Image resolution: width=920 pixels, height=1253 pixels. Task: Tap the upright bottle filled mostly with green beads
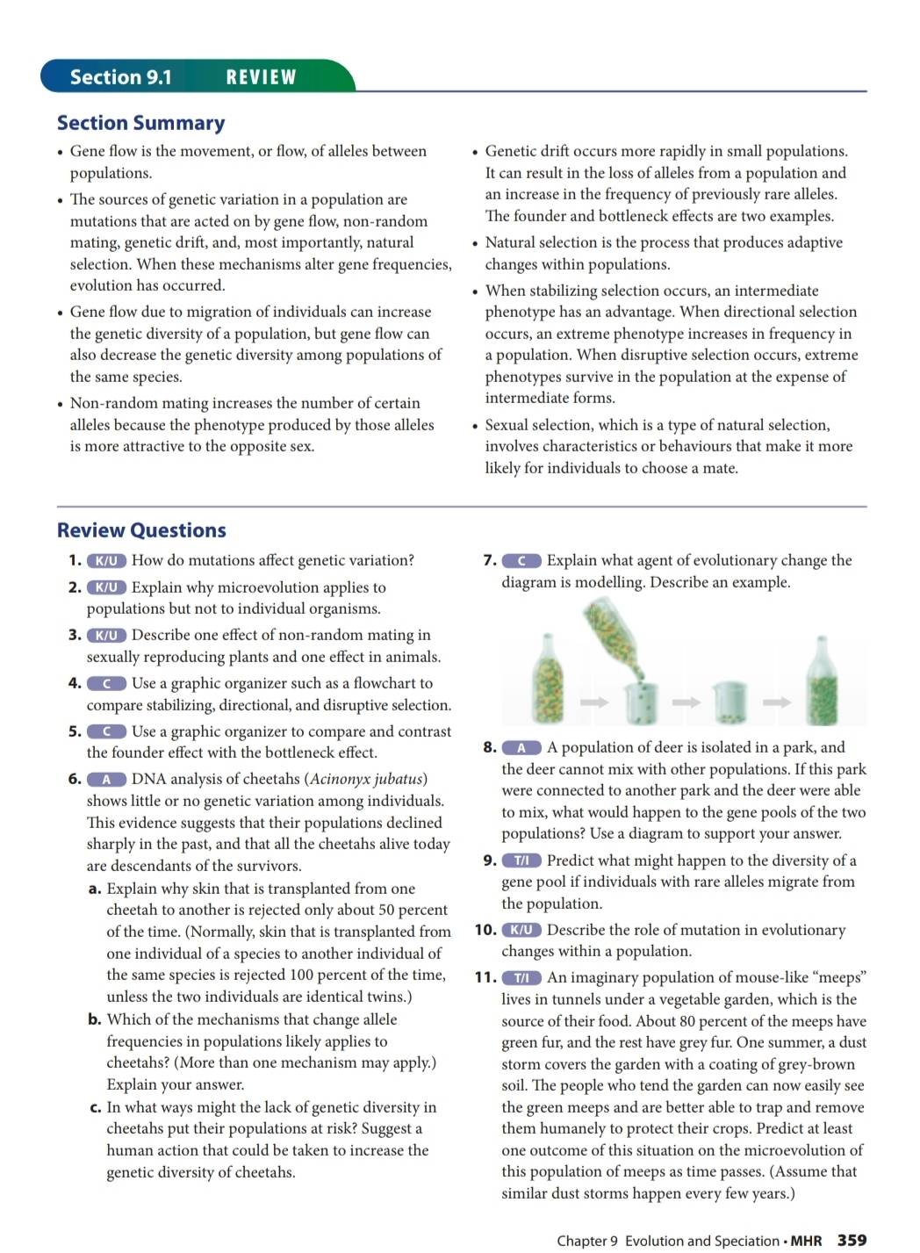coord(822,681)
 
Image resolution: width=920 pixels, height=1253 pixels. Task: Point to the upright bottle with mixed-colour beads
coord(547,681)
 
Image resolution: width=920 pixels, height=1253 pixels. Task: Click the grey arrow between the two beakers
coord(686,702)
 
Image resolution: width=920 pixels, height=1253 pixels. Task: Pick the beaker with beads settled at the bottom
coord(728,702)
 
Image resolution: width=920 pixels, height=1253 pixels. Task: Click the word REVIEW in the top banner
coord(261,77)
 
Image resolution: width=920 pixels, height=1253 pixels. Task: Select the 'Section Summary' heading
coord(140,123)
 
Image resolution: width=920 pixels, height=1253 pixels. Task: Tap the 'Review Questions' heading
coord(141,530)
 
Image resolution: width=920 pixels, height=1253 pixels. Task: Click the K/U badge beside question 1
coord(106,561)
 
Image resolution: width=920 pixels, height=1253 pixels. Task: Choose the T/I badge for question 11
coord(521,978)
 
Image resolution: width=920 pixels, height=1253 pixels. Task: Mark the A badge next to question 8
coord(521,748)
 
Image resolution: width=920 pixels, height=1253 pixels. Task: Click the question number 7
coord(489,560)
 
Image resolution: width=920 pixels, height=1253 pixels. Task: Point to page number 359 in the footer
coord(852,1240)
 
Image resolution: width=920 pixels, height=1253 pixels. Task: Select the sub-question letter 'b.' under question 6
coord(95,1019)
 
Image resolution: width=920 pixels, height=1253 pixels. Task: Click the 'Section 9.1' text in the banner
coord(121,77)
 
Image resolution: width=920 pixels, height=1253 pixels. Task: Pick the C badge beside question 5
coord(106,731)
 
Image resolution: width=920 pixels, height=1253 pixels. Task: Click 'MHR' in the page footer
coord(806,1241)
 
